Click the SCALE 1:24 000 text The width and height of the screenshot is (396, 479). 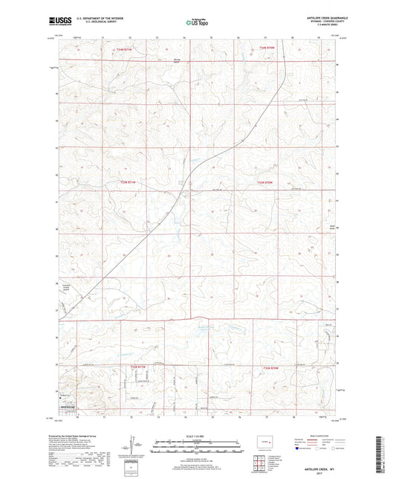click(197, 435)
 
